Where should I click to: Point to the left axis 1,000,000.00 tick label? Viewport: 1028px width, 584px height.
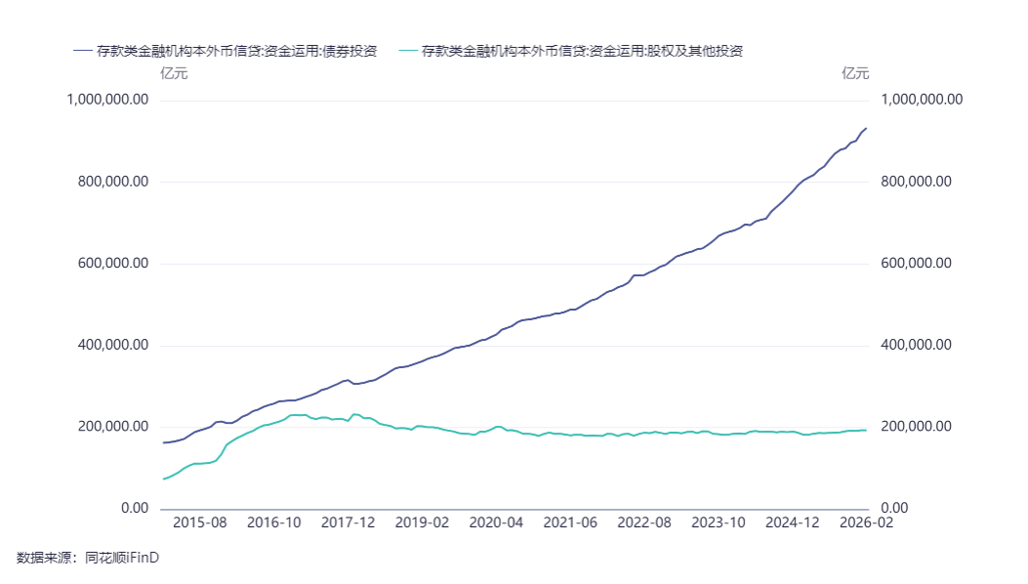(107, 100)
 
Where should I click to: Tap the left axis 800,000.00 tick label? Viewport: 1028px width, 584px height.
(112, 182)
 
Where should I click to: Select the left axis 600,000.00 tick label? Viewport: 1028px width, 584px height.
(112, 264)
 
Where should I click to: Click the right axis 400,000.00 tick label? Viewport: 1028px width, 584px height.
(916, 346)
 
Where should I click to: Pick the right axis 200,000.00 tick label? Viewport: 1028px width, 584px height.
(916, 427)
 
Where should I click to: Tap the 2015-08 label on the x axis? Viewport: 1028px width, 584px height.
(199, 522)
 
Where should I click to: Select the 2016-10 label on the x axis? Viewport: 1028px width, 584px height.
(273, 522)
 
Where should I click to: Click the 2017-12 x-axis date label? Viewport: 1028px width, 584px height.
(348, 522)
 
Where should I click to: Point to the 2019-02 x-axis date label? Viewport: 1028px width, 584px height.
(422, 522)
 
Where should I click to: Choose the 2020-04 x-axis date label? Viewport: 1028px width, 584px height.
(496, 522)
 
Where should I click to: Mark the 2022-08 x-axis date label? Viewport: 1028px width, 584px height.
(644, 522)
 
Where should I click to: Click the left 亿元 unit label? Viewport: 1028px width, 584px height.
(174, 73)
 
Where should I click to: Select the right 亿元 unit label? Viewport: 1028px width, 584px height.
(855, 73)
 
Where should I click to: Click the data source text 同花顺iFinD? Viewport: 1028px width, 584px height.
(122, 558)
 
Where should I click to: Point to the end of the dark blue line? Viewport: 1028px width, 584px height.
(867, 128)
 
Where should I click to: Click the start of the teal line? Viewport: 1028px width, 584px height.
(162, 479)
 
